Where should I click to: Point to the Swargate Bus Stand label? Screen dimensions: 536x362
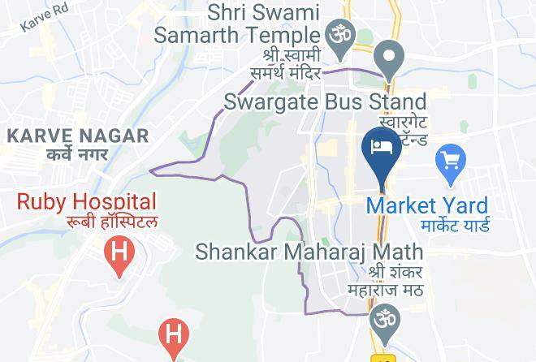tap(325, 102)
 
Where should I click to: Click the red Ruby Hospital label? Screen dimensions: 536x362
tap(87, 201)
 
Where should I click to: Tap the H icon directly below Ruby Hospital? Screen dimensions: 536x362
tap(119, 252)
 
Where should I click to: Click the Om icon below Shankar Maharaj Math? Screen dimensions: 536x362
tap(382, 318)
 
